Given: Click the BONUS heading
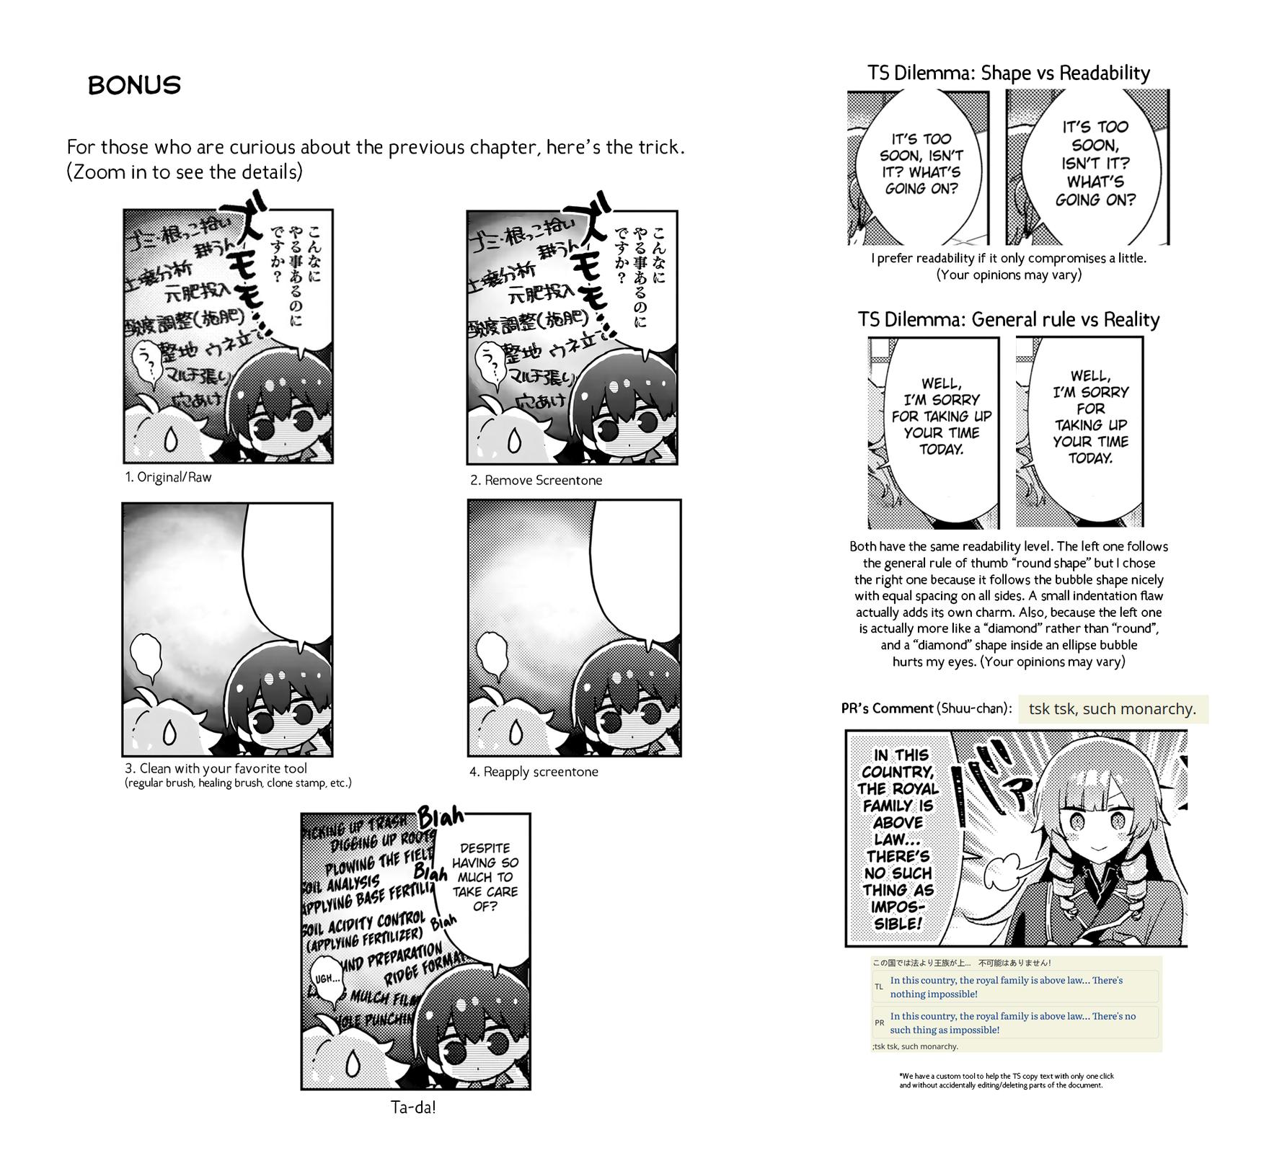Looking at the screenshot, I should tap(134, 85).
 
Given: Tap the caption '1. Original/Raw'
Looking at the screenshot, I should tap(168, 477).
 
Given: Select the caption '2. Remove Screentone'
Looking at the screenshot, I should tap(536, 480).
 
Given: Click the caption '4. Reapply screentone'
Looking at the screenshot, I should tap(534, 772).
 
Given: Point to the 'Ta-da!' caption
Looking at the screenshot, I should tap(413, 1108).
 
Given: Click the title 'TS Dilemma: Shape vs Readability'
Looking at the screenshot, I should tap(1008, 73).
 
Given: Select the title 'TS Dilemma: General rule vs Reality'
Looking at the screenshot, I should tap(1008, 319).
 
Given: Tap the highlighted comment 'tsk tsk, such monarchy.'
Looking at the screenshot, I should tap(1112, 709).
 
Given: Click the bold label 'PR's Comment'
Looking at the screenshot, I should tap(887, 708).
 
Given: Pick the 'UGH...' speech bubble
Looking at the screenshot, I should tap(327, 979).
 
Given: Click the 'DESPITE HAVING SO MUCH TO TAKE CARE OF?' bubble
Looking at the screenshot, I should tap(485, 876).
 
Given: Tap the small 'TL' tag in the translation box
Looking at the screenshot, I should tap(878, 987).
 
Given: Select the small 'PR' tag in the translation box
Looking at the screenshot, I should tap(879, 1023).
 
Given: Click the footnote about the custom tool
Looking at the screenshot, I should tap(1006, 1080).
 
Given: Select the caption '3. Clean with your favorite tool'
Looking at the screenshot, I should tap(216, 769).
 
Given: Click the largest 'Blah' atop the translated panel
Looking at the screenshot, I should tap(441, 818).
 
